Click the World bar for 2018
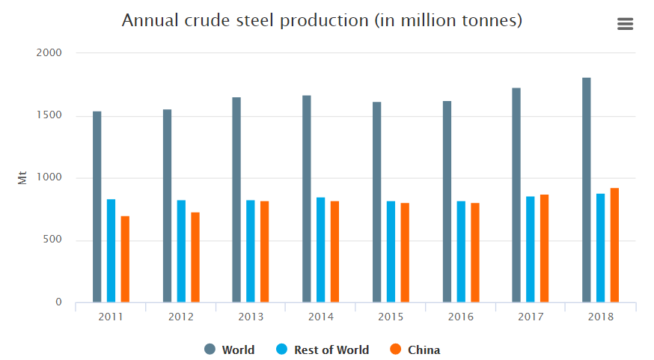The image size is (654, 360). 586,190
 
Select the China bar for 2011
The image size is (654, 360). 125,259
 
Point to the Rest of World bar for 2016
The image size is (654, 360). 460,251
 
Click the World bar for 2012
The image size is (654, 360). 167,206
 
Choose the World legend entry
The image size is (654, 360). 229,350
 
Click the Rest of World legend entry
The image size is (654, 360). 323,350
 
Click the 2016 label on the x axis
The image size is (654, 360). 460,317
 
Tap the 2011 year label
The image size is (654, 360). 111,317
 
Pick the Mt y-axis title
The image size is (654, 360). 22,178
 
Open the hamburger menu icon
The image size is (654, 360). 625,24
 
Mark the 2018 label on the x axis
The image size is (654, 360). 600,317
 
